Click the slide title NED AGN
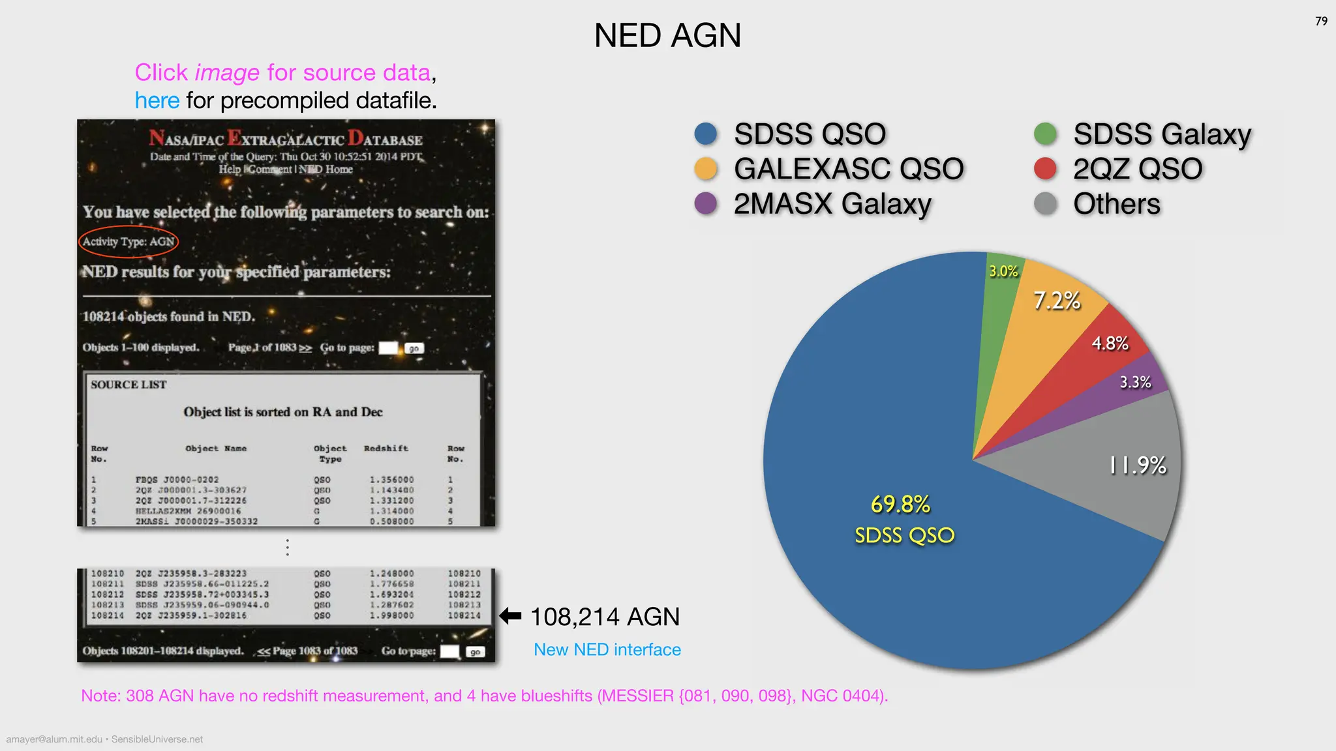click(667, 35)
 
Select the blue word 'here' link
click(157, 100)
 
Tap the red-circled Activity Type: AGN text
click(129, 241)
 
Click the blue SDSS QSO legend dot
click(706, 134)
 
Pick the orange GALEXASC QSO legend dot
click(706, 169)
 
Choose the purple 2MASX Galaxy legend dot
click(706, 203)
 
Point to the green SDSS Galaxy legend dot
click(1045, 134)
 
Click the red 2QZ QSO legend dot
click(1045, 169)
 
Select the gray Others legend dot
click(1045, 203)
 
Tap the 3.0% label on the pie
click(1003, 271)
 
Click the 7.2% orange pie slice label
click(1057, 301)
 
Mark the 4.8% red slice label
click(1110, 343)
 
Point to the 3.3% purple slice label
click(1135, 382)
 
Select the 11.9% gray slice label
click(1138, 465)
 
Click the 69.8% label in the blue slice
click(901, 504)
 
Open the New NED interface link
click(607, 649)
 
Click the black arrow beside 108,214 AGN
click(510, 616)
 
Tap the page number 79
click(1321, 22)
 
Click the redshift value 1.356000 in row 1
click(391, 480)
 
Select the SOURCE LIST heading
click(129, 385)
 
